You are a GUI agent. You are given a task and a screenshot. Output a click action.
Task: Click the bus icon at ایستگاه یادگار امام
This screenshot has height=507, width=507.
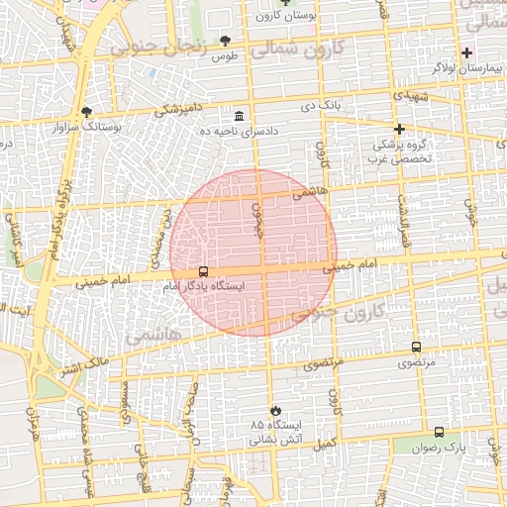203,271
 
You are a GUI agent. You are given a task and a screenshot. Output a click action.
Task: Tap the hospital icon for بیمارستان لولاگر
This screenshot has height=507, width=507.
467,51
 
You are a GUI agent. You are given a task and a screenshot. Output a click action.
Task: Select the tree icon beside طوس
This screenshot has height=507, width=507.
225,41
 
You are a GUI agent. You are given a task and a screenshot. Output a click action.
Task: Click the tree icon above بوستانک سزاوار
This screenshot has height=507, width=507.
87,113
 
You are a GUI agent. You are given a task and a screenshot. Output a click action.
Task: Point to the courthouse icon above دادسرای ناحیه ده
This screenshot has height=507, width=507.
239,116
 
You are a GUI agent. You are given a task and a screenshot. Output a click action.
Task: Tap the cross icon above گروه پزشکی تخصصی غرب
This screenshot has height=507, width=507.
400,129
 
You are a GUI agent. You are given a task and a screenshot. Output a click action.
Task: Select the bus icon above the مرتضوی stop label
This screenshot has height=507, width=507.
415,348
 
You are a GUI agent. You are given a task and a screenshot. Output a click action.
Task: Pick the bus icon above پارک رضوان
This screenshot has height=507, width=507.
439,432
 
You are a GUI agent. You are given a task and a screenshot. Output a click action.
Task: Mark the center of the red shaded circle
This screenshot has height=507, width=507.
254,253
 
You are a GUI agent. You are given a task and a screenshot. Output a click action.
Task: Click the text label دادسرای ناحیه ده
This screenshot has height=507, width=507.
239,131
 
